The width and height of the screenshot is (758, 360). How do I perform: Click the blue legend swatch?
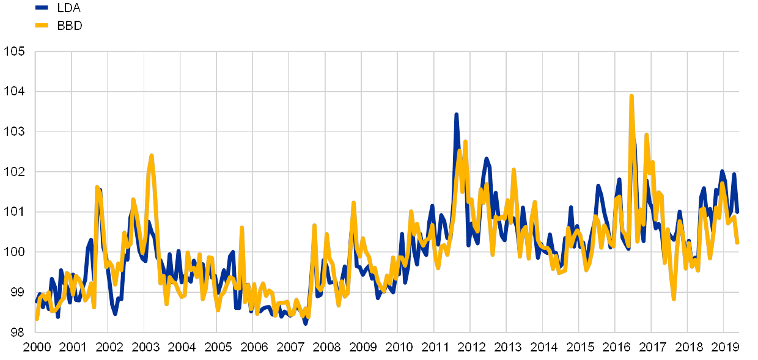[x=42, y=8]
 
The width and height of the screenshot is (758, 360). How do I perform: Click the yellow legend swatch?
[x=42, y=25]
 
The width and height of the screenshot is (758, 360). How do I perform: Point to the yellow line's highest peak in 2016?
[x=631, y=96]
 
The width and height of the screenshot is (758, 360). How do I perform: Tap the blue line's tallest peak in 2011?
[x=456, y=114]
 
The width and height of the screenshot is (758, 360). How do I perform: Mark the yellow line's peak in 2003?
[x=151, y=156]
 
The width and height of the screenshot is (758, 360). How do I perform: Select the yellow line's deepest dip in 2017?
[x=674, y=299]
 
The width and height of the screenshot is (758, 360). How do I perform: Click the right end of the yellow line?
[x=738, y=243]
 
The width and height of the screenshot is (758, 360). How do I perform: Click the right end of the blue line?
[x=738, y=212]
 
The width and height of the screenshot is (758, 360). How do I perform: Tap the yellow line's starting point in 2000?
[x=37, y=320]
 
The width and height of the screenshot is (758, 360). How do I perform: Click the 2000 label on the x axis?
[x=36, y=347]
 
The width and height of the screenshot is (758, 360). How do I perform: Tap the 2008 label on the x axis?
[x=326, y=347]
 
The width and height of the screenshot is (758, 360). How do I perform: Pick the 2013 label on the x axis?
[x=507, y=347]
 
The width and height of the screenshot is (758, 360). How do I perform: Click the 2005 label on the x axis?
[x=217, y=347]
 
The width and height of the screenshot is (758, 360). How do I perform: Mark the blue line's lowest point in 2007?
[x=306, y=323]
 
